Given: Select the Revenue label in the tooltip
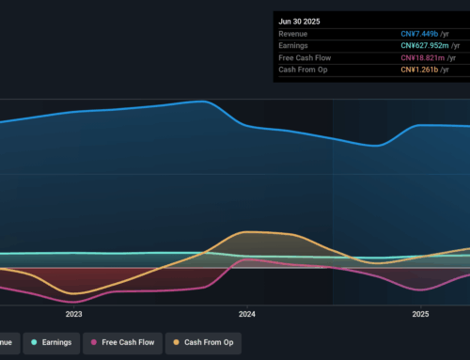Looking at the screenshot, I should point(296,33).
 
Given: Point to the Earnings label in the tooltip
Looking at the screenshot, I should point(296,45).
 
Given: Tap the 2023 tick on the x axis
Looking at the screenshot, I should point(73,314).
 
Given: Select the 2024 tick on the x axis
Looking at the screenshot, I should point(247,314).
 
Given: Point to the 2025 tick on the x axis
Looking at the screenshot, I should point(420,314).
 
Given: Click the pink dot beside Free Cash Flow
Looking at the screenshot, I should point(94,343).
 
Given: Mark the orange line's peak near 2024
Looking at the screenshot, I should point(246,231).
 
